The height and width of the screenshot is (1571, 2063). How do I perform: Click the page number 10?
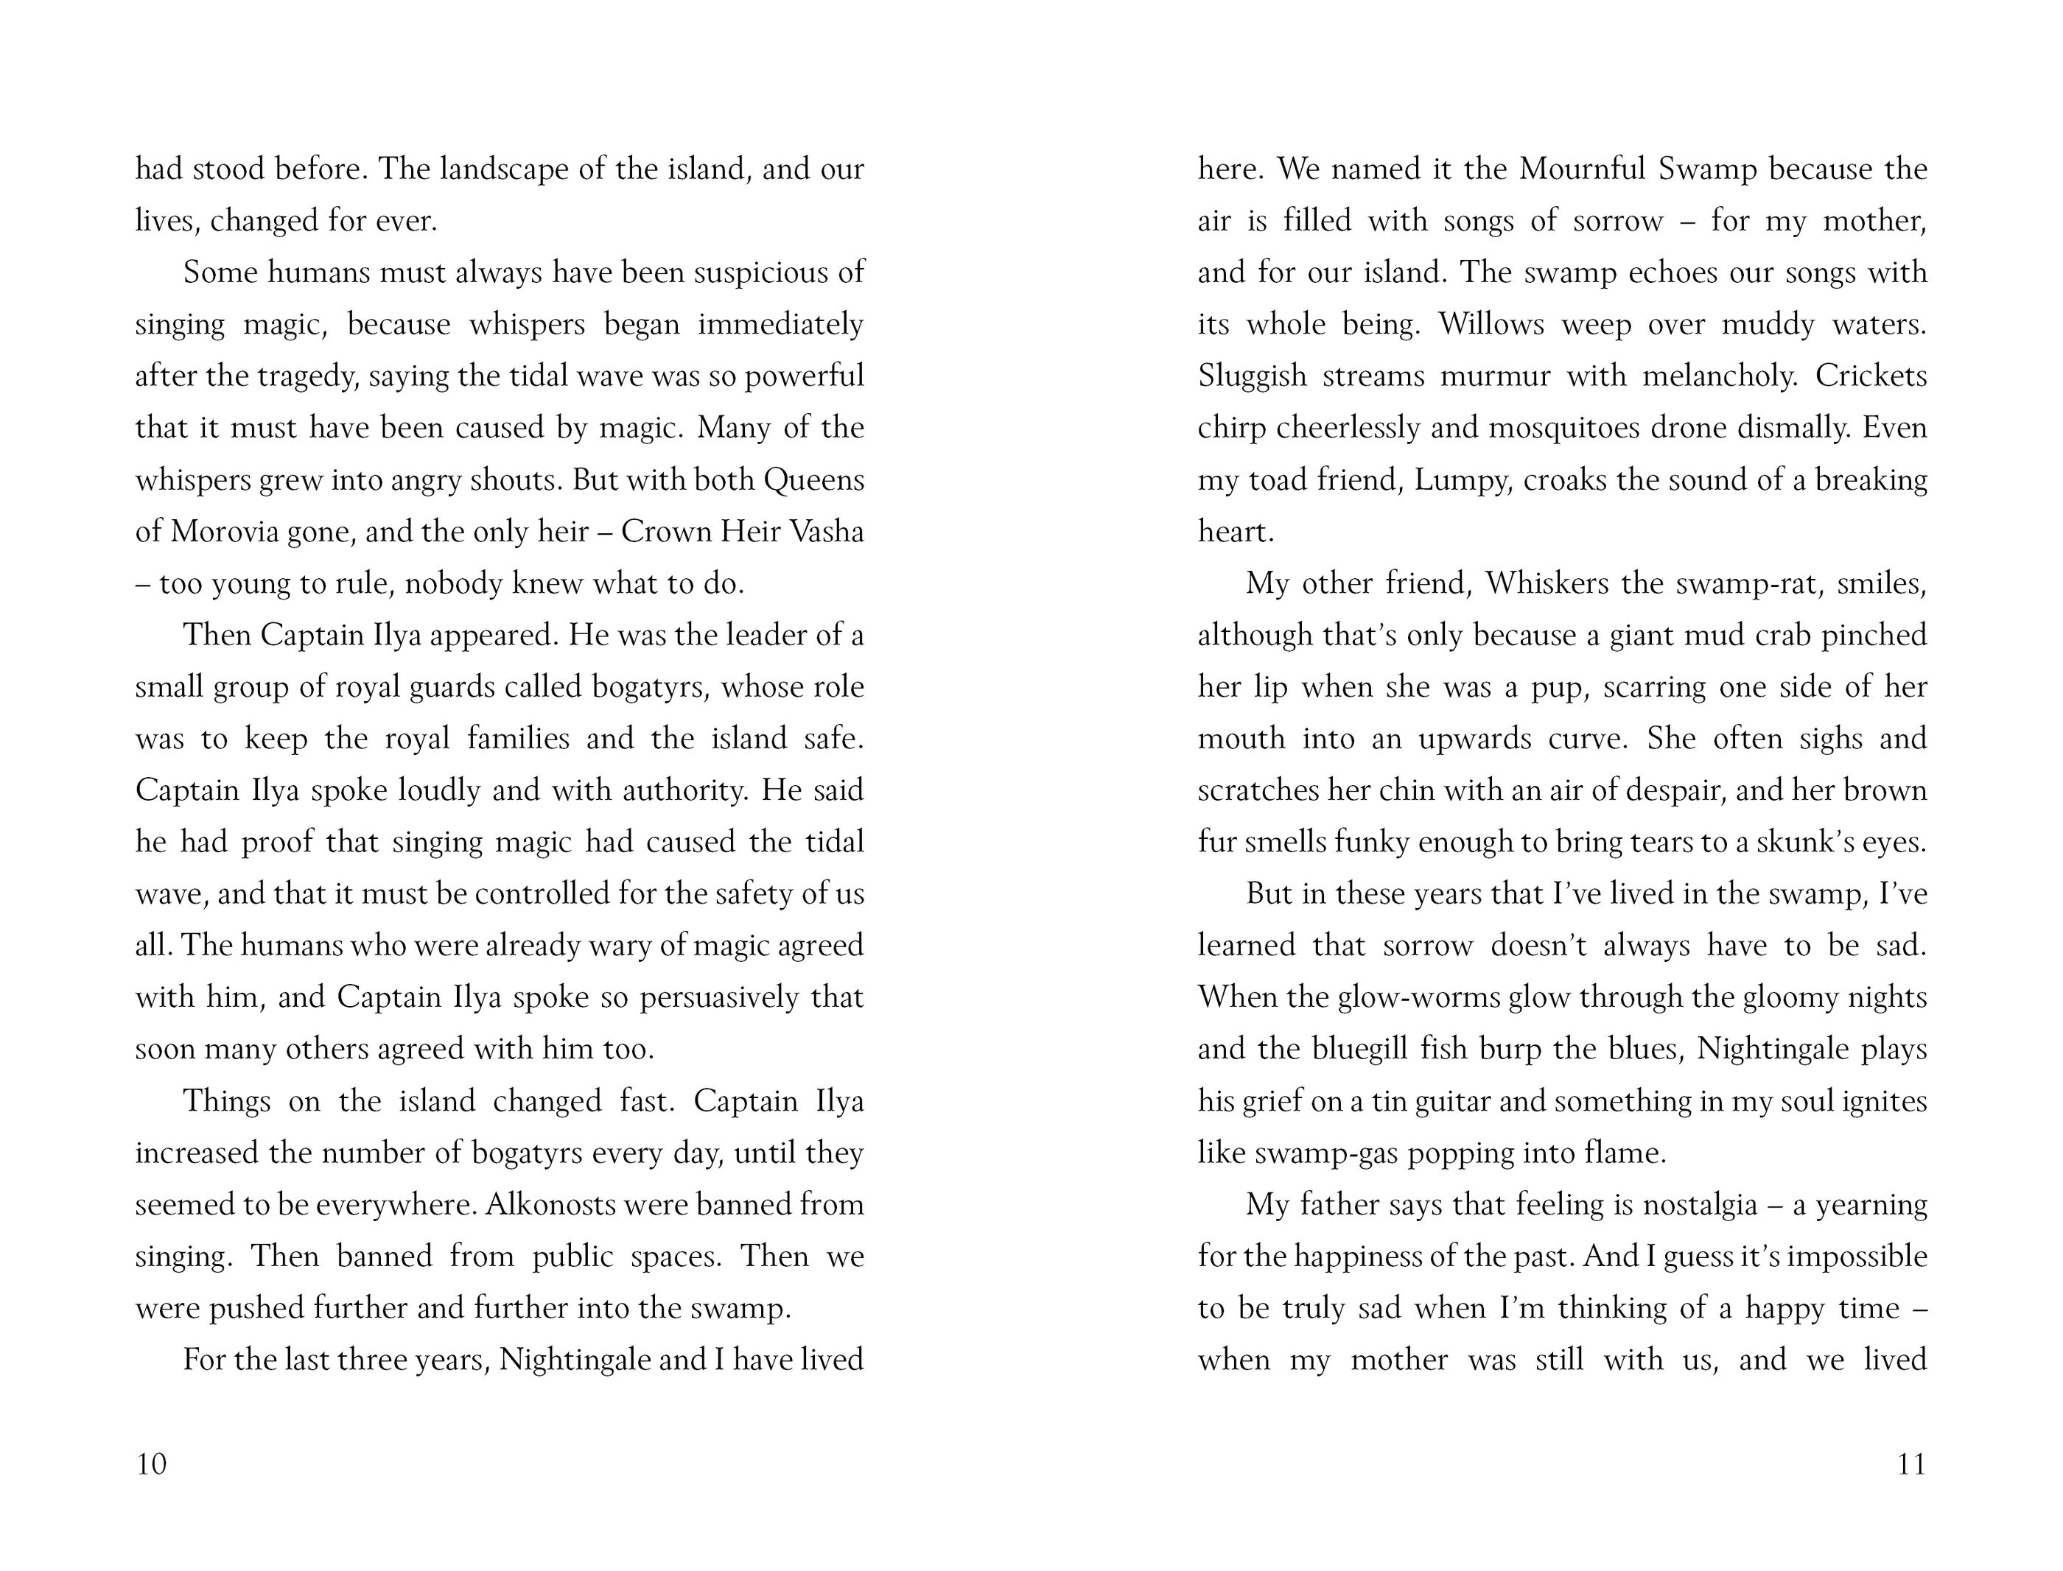[x=152, y=1463]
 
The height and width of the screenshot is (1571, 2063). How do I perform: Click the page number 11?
[x=1911, y=1463]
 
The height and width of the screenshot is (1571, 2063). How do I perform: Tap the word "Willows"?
[x=1491, y=325]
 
